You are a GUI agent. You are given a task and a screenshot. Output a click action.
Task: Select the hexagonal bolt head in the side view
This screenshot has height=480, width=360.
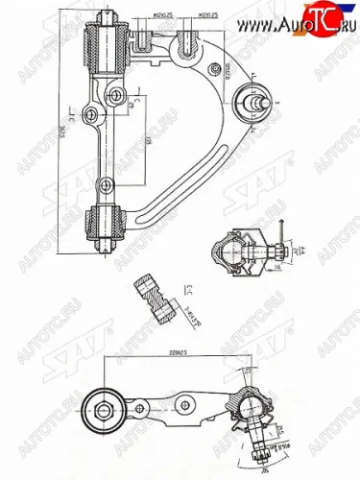pos(104,410)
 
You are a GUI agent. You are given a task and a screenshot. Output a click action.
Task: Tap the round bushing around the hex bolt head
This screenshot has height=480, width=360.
pos(104,410)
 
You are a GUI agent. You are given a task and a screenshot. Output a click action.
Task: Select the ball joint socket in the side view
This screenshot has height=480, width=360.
pos(252,408)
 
